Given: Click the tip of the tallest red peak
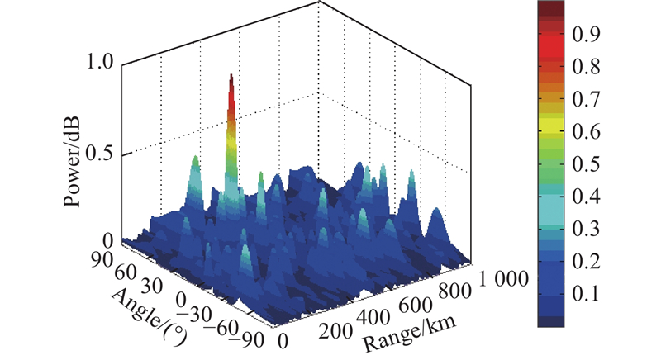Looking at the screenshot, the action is (x=231, y=74).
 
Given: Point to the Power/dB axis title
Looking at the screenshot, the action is (x=72, y=163).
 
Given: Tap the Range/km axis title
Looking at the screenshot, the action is (x=410, y=332).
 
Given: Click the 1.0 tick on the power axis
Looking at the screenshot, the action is (x=100, y=62).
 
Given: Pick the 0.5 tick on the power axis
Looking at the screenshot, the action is (x=100, y=154).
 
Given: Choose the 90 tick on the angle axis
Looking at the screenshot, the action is (x=102, y=260).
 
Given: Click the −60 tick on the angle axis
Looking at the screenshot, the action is (x=222, y=327).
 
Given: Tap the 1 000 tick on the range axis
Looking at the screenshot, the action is (x=503, y=278).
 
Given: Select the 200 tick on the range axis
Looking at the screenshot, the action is (x=335, y=331).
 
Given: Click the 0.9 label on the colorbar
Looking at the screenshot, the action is (x=586, y=35).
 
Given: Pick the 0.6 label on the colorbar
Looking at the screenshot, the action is (x=586, y=132).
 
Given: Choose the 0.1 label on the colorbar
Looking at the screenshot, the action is (x=586, y=293).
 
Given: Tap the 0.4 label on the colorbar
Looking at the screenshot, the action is (x=586, y=197).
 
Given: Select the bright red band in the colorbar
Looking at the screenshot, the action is (x=551, y=49).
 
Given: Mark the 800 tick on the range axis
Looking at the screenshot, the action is (x=455, y=291).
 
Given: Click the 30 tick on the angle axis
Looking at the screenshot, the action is (x=152, y=286).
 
